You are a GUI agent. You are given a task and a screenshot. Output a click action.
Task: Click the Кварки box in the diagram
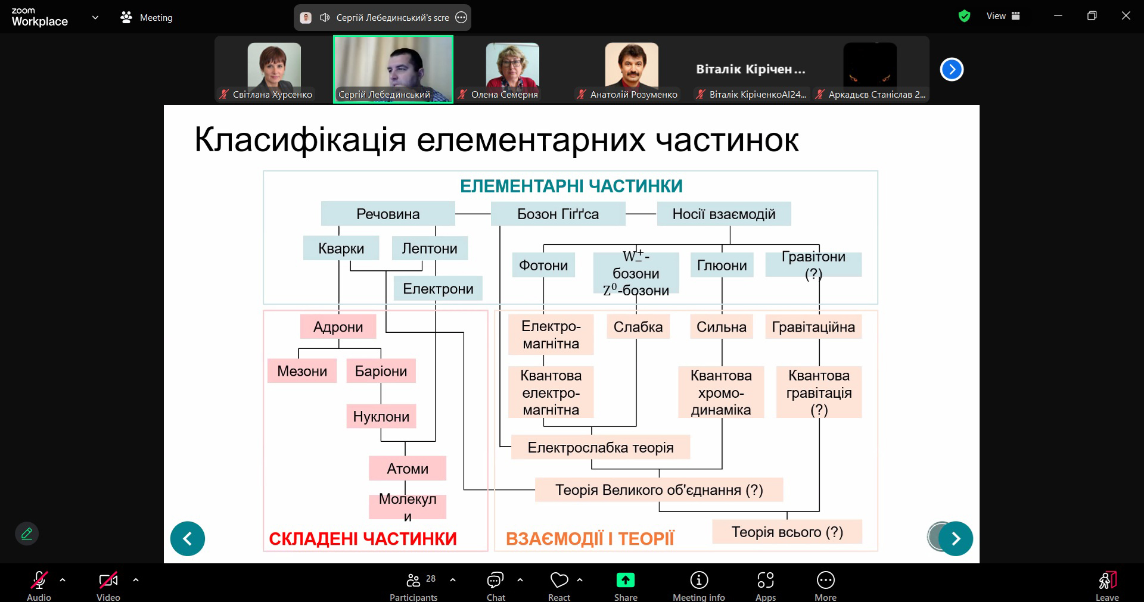coord(341,248)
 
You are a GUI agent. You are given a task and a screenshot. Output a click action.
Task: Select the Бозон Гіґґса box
coord(558,214)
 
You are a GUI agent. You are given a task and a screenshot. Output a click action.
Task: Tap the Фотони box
coord(543,265)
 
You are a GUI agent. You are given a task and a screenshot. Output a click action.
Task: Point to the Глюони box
coord(722,265)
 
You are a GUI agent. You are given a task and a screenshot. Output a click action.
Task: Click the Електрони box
coord(438,289)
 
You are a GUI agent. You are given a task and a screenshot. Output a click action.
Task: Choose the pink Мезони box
coord(302,371)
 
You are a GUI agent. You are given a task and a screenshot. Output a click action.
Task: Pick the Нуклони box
coord(381,416)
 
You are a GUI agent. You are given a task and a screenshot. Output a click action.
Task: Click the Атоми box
coord(408,469)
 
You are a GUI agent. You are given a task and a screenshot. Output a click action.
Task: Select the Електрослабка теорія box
coord(601,447)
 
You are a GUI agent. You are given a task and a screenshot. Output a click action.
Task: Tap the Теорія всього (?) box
coord(787,532)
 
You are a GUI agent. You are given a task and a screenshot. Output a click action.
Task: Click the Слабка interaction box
coord(638,327)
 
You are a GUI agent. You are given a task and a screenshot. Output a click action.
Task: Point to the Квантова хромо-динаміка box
coord(721,392)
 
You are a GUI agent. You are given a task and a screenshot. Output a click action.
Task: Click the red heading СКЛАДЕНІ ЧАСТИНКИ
coord(363,539)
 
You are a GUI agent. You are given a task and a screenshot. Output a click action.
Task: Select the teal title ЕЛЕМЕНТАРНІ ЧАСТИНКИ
coord(571,186)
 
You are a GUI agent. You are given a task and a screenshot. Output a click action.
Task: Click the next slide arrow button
coord(956,539)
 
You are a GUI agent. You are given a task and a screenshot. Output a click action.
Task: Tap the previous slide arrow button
coord(188,539)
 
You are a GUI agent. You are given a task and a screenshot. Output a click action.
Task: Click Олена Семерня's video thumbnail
coord(512,70)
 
